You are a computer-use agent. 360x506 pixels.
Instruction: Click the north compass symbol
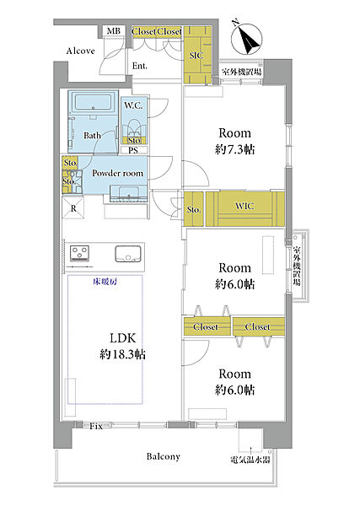247,39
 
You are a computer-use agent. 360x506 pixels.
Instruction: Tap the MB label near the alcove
113,31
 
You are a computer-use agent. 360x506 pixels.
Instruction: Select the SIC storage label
196,56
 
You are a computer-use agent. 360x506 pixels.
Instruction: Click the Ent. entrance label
140,66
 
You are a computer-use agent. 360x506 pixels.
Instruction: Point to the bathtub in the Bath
93,102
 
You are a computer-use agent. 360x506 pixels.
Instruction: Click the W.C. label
133,105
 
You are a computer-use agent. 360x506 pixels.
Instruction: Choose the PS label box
133,150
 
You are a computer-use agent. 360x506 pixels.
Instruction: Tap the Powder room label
117,173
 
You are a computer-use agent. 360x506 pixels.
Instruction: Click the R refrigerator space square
73,208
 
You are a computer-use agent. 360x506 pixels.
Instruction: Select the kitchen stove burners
80,252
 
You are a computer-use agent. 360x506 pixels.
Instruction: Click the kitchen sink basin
128,254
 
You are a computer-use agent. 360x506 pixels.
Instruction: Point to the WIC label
244,206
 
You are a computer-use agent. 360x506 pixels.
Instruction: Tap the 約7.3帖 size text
234,150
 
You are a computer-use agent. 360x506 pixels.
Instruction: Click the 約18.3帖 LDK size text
122,354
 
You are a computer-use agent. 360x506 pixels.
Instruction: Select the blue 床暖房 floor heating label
105,282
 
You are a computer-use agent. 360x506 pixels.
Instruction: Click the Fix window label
96,426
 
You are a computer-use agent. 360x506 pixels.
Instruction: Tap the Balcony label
163,456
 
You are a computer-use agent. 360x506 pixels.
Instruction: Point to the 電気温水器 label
250,460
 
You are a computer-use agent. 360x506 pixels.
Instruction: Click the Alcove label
80,51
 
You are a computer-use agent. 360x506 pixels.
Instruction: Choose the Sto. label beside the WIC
194,210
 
